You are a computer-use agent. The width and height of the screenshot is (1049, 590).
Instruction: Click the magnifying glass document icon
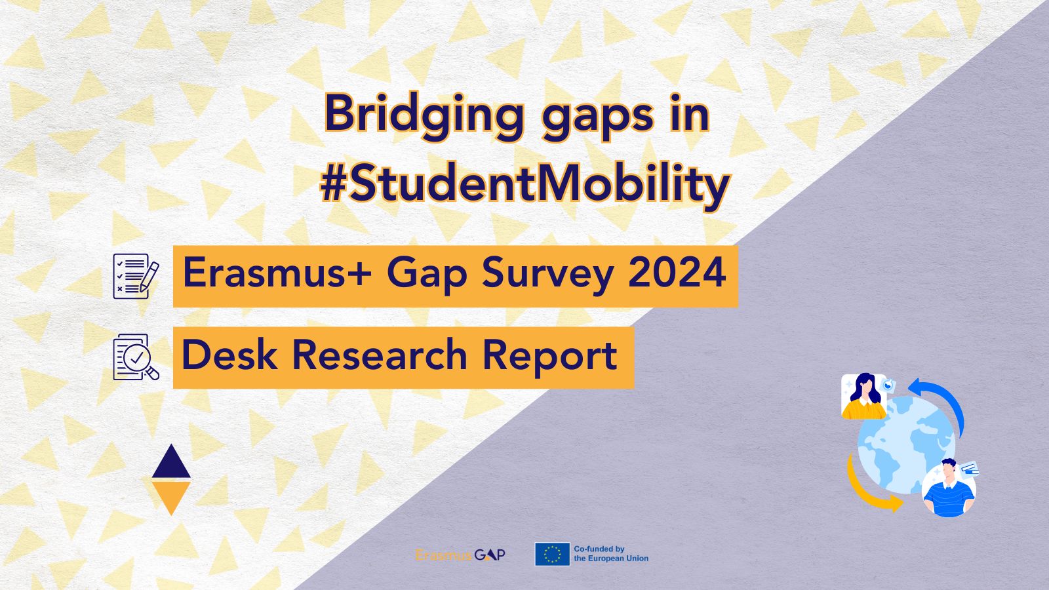136,357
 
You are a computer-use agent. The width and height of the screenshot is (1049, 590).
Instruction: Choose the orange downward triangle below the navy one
171,496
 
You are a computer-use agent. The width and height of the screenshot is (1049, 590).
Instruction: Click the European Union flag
551,555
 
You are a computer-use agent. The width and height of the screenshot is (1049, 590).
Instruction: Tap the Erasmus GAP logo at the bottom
460,555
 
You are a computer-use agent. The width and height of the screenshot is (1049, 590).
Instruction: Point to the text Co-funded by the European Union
610,554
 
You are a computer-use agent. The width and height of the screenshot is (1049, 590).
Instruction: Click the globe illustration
905,446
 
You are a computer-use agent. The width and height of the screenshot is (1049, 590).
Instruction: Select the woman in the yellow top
864,396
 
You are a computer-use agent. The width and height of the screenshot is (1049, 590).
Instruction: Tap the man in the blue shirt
948,489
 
